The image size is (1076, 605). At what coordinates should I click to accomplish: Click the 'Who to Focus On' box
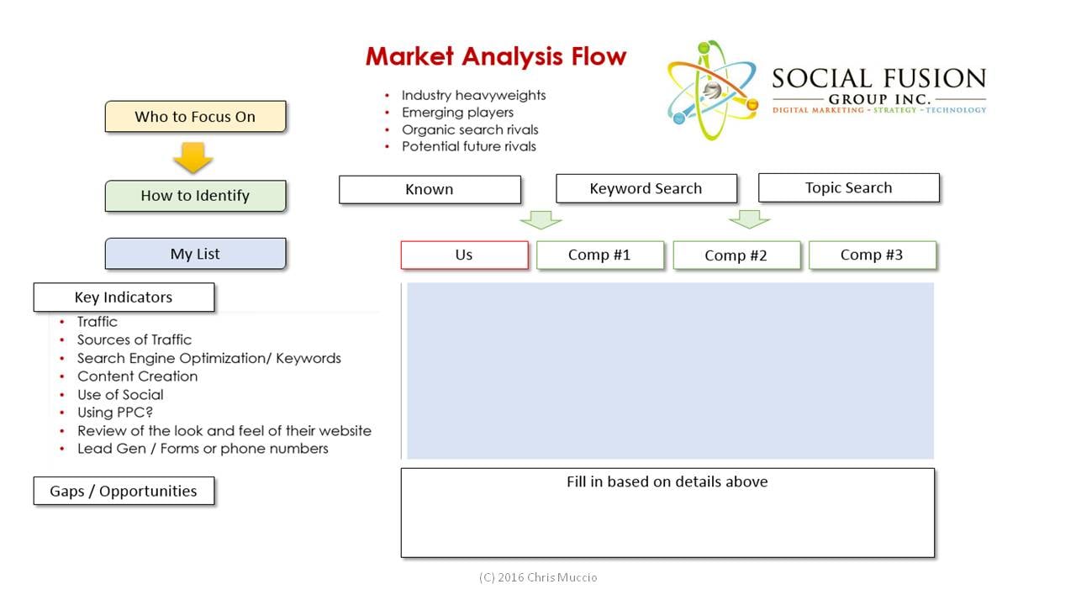point(196,116)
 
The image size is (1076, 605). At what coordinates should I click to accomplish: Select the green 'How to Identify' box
point(196,196)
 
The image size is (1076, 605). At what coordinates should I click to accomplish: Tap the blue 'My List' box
point(196,254)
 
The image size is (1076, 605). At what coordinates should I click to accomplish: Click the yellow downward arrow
point(193,157)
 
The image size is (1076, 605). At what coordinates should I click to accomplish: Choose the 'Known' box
point(430,190)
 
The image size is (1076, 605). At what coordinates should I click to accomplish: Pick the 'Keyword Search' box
point(646,189)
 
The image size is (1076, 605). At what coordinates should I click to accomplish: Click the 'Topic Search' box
point(849,187)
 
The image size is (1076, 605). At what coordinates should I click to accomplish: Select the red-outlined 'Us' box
point(465,255)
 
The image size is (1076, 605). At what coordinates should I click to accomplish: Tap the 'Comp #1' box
point(600,255)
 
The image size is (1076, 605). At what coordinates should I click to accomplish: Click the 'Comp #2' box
point(736,255)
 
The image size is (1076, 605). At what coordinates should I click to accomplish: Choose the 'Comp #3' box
point(873,255)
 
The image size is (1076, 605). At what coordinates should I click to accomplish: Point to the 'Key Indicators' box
point(124,297)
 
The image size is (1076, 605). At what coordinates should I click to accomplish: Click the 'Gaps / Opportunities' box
point(124,491)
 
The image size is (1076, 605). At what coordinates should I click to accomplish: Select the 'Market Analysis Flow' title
point(496,56)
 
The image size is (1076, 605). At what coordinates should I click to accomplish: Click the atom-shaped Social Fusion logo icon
point(712,90)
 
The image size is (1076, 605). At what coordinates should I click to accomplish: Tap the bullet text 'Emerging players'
point(457,113)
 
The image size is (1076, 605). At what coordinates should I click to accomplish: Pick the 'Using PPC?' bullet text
point(115,413)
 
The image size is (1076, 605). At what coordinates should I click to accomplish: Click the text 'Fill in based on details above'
point(667,481)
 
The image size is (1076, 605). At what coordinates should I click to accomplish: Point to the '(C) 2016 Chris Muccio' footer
point(538,577)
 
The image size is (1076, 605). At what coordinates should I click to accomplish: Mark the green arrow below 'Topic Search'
point(749,219)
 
